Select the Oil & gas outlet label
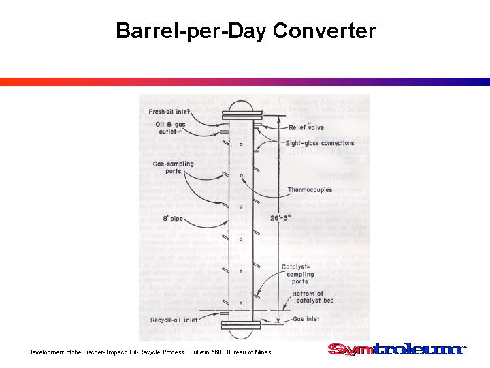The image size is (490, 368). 169,128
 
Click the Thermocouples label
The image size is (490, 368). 310,189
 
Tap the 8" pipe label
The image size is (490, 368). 174,218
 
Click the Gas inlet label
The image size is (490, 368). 304,318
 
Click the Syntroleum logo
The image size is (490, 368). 394,350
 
